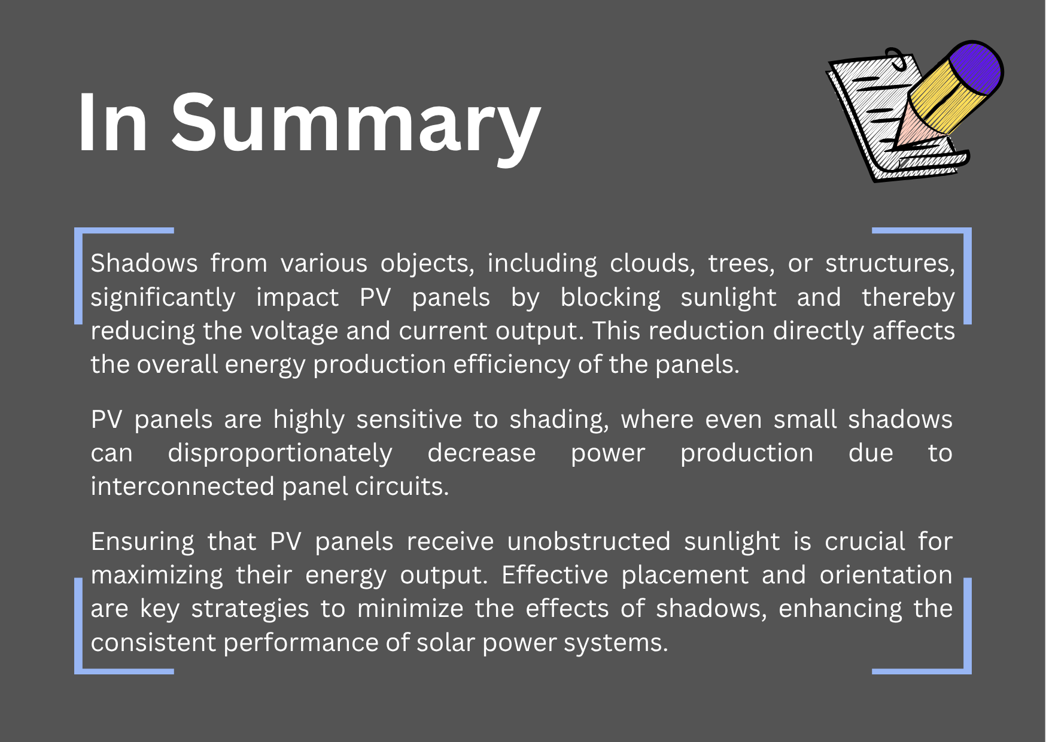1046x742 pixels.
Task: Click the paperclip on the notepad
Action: tap(896, 58)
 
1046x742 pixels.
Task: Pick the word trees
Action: tap(741, 264)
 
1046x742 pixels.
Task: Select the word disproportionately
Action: tap(280, 454)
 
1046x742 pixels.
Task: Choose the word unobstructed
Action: tap(589, 542)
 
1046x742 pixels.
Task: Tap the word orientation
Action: tap(886, 575)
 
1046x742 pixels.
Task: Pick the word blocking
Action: tap(610, 298)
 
